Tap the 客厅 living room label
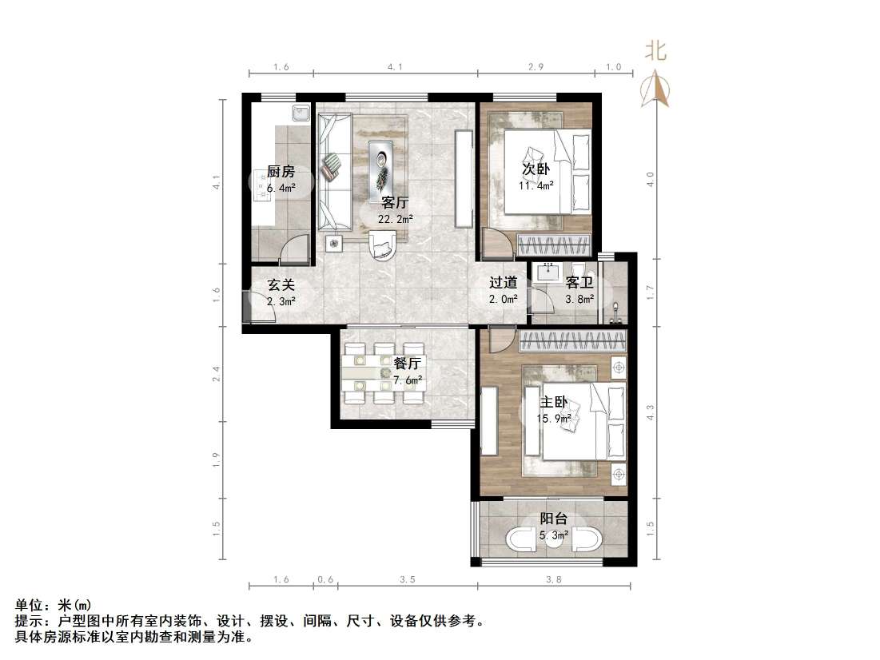click(x=396, y=202)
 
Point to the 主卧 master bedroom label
click(x=555, y=403)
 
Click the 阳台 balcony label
click(x=553, y=519)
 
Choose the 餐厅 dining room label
click(x=407, y=364)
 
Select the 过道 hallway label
click(x=504, y=283)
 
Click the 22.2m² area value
click(x=396, y=219)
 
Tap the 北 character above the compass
click(x=656, y=52)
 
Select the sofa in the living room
click(x=335, y=171)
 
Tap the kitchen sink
click(x=301, y=114)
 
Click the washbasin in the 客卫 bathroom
click(x=548, y=272)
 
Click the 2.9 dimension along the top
click(x=536, y=68)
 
